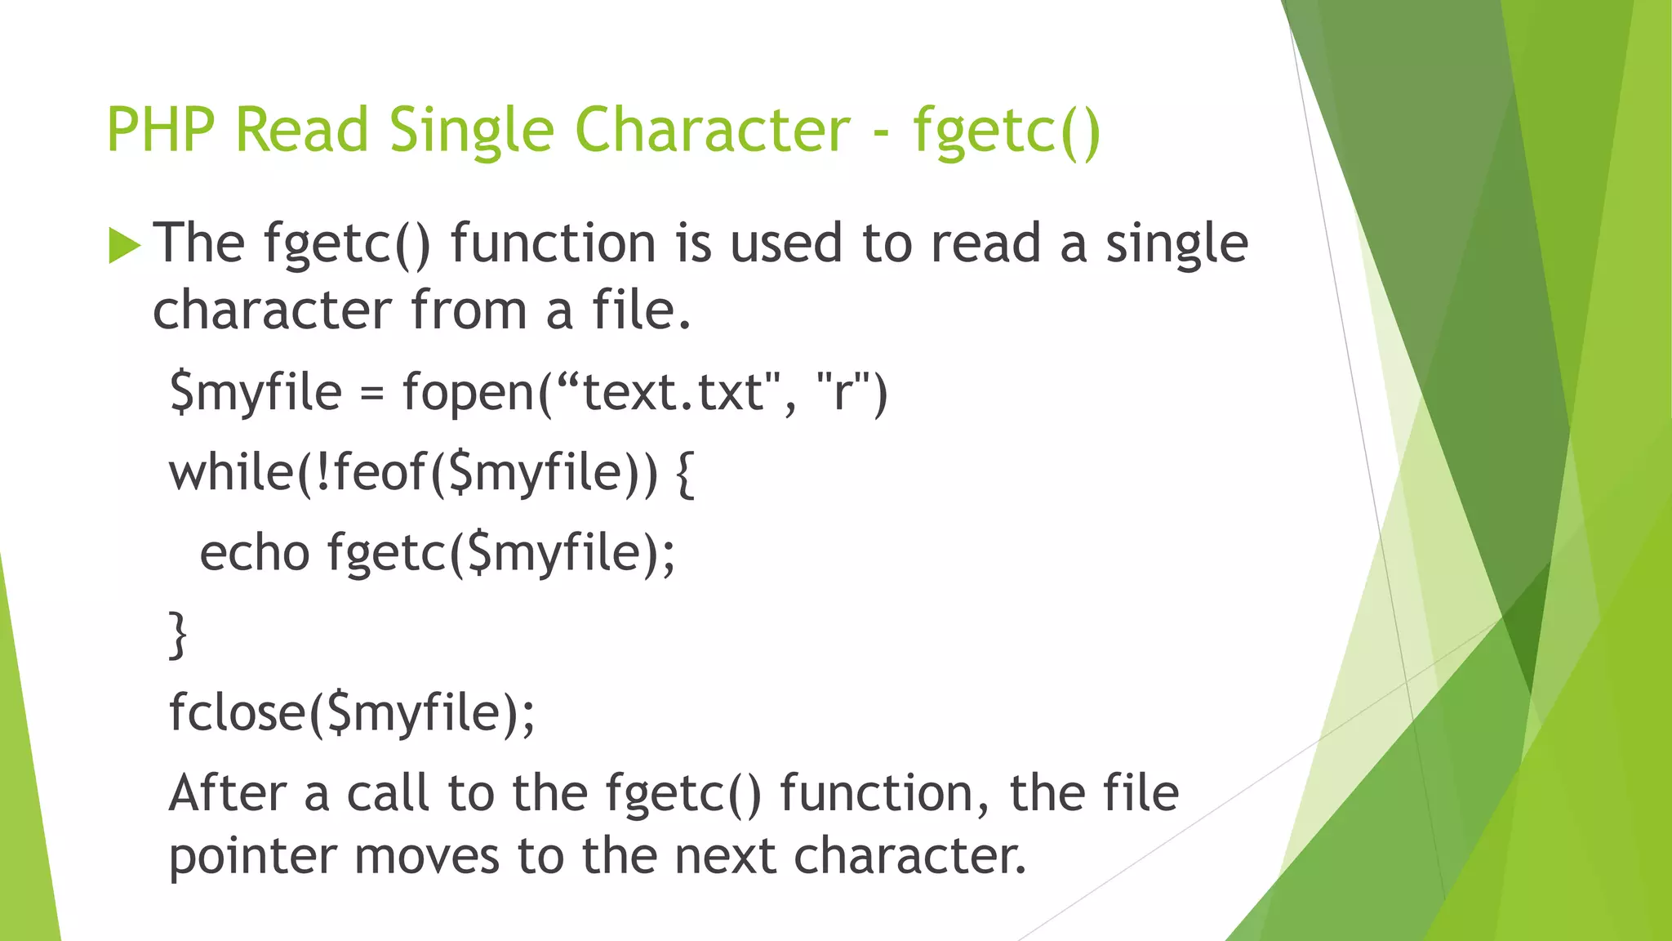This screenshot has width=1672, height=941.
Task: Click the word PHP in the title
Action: pos(161,131)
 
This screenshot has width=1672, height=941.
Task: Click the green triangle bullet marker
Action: pos(124,245)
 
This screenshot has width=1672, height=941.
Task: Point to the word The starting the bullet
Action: pos(199,243)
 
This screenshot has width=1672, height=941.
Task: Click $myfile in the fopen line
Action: pos(256,392)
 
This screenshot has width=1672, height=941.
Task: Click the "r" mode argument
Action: pos(841,392)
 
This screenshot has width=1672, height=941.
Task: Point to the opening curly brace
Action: pos(685,475)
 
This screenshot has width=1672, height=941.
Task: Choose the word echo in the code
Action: pos(254,553)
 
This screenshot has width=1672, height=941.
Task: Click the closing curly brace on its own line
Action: pos(178,635)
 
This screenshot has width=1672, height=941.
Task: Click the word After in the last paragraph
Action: pos(228,793)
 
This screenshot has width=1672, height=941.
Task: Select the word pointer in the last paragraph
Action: pos(252,858)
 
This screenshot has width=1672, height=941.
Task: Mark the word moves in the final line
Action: pos(426,858)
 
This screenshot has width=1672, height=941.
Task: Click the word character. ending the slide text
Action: pos(909,858)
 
